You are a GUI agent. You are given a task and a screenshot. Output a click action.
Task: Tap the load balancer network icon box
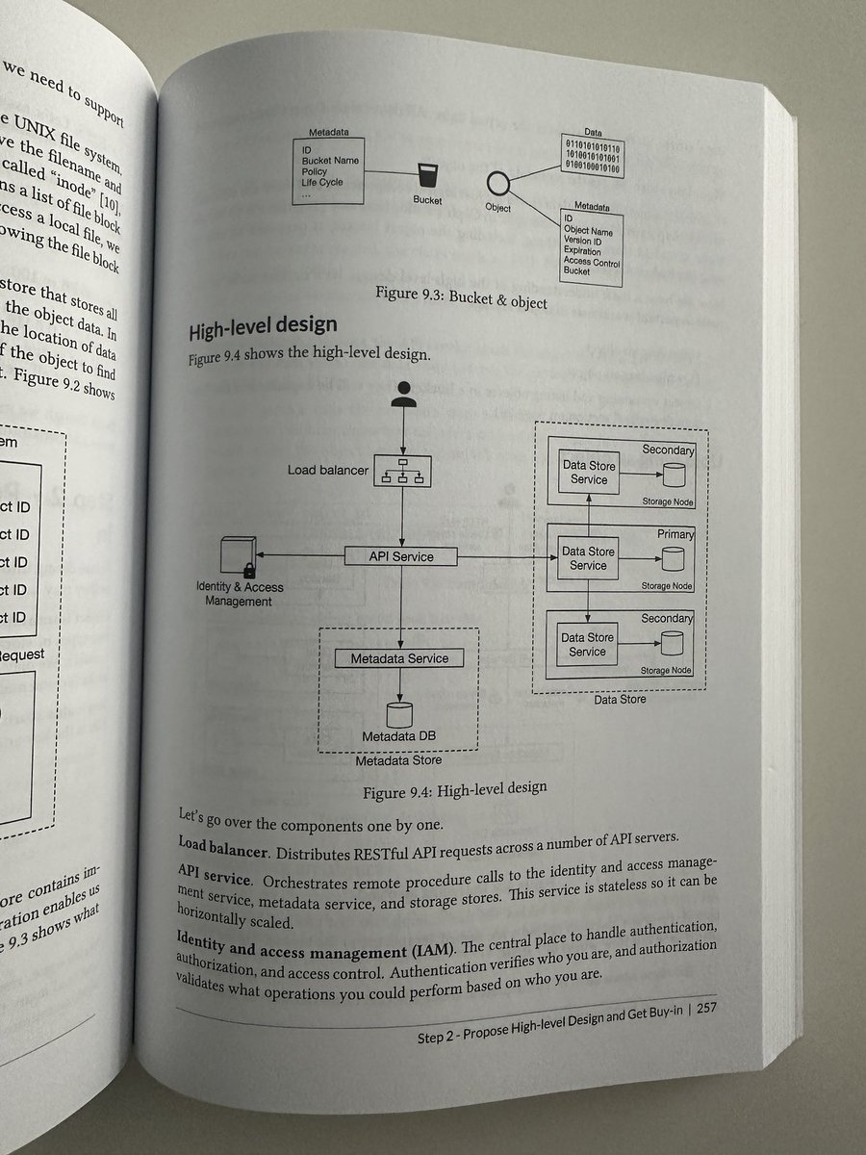(x=403, y=469)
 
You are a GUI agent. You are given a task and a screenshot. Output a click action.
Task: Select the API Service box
(x=401, y=556)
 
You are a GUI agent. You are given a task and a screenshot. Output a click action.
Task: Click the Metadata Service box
(x=397, y=658)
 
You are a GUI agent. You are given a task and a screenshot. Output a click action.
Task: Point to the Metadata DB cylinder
(x=399, y=713)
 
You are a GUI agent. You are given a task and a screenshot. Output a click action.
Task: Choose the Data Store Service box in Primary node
(x=588, y=558)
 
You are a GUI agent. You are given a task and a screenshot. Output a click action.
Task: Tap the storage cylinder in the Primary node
(x=671, y=558)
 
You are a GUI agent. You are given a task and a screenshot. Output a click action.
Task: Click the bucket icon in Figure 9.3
(x=426, y=176)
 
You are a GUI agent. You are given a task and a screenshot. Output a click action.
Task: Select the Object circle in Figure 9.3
(x=497, y=183)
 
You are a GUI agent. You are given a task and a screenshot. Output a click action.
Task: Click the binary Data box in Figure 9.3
(x=593, y=158)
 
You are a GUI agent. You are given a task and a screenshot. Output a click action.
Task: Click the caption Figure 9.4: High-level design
(x=454, y=788)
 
